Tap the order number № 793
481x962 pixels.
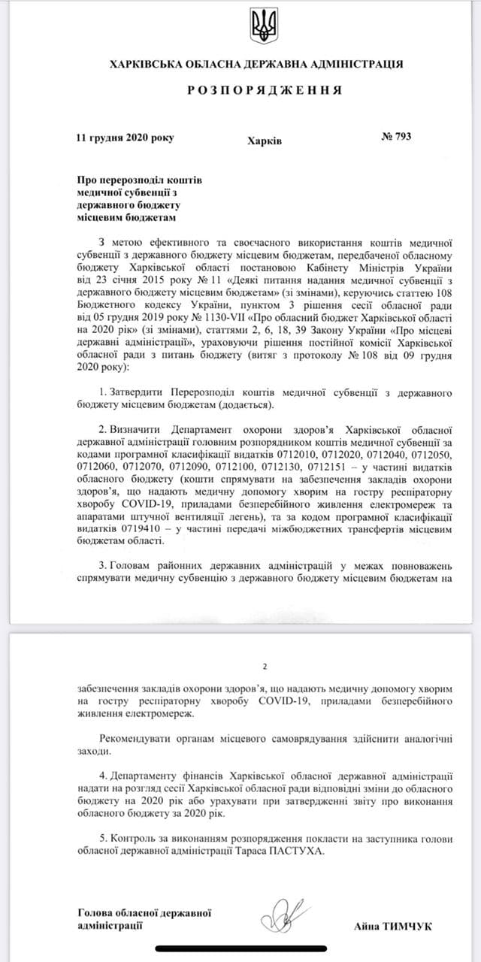coord(396,137)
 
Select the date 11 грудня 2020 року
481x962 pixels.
coord(125,138)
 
